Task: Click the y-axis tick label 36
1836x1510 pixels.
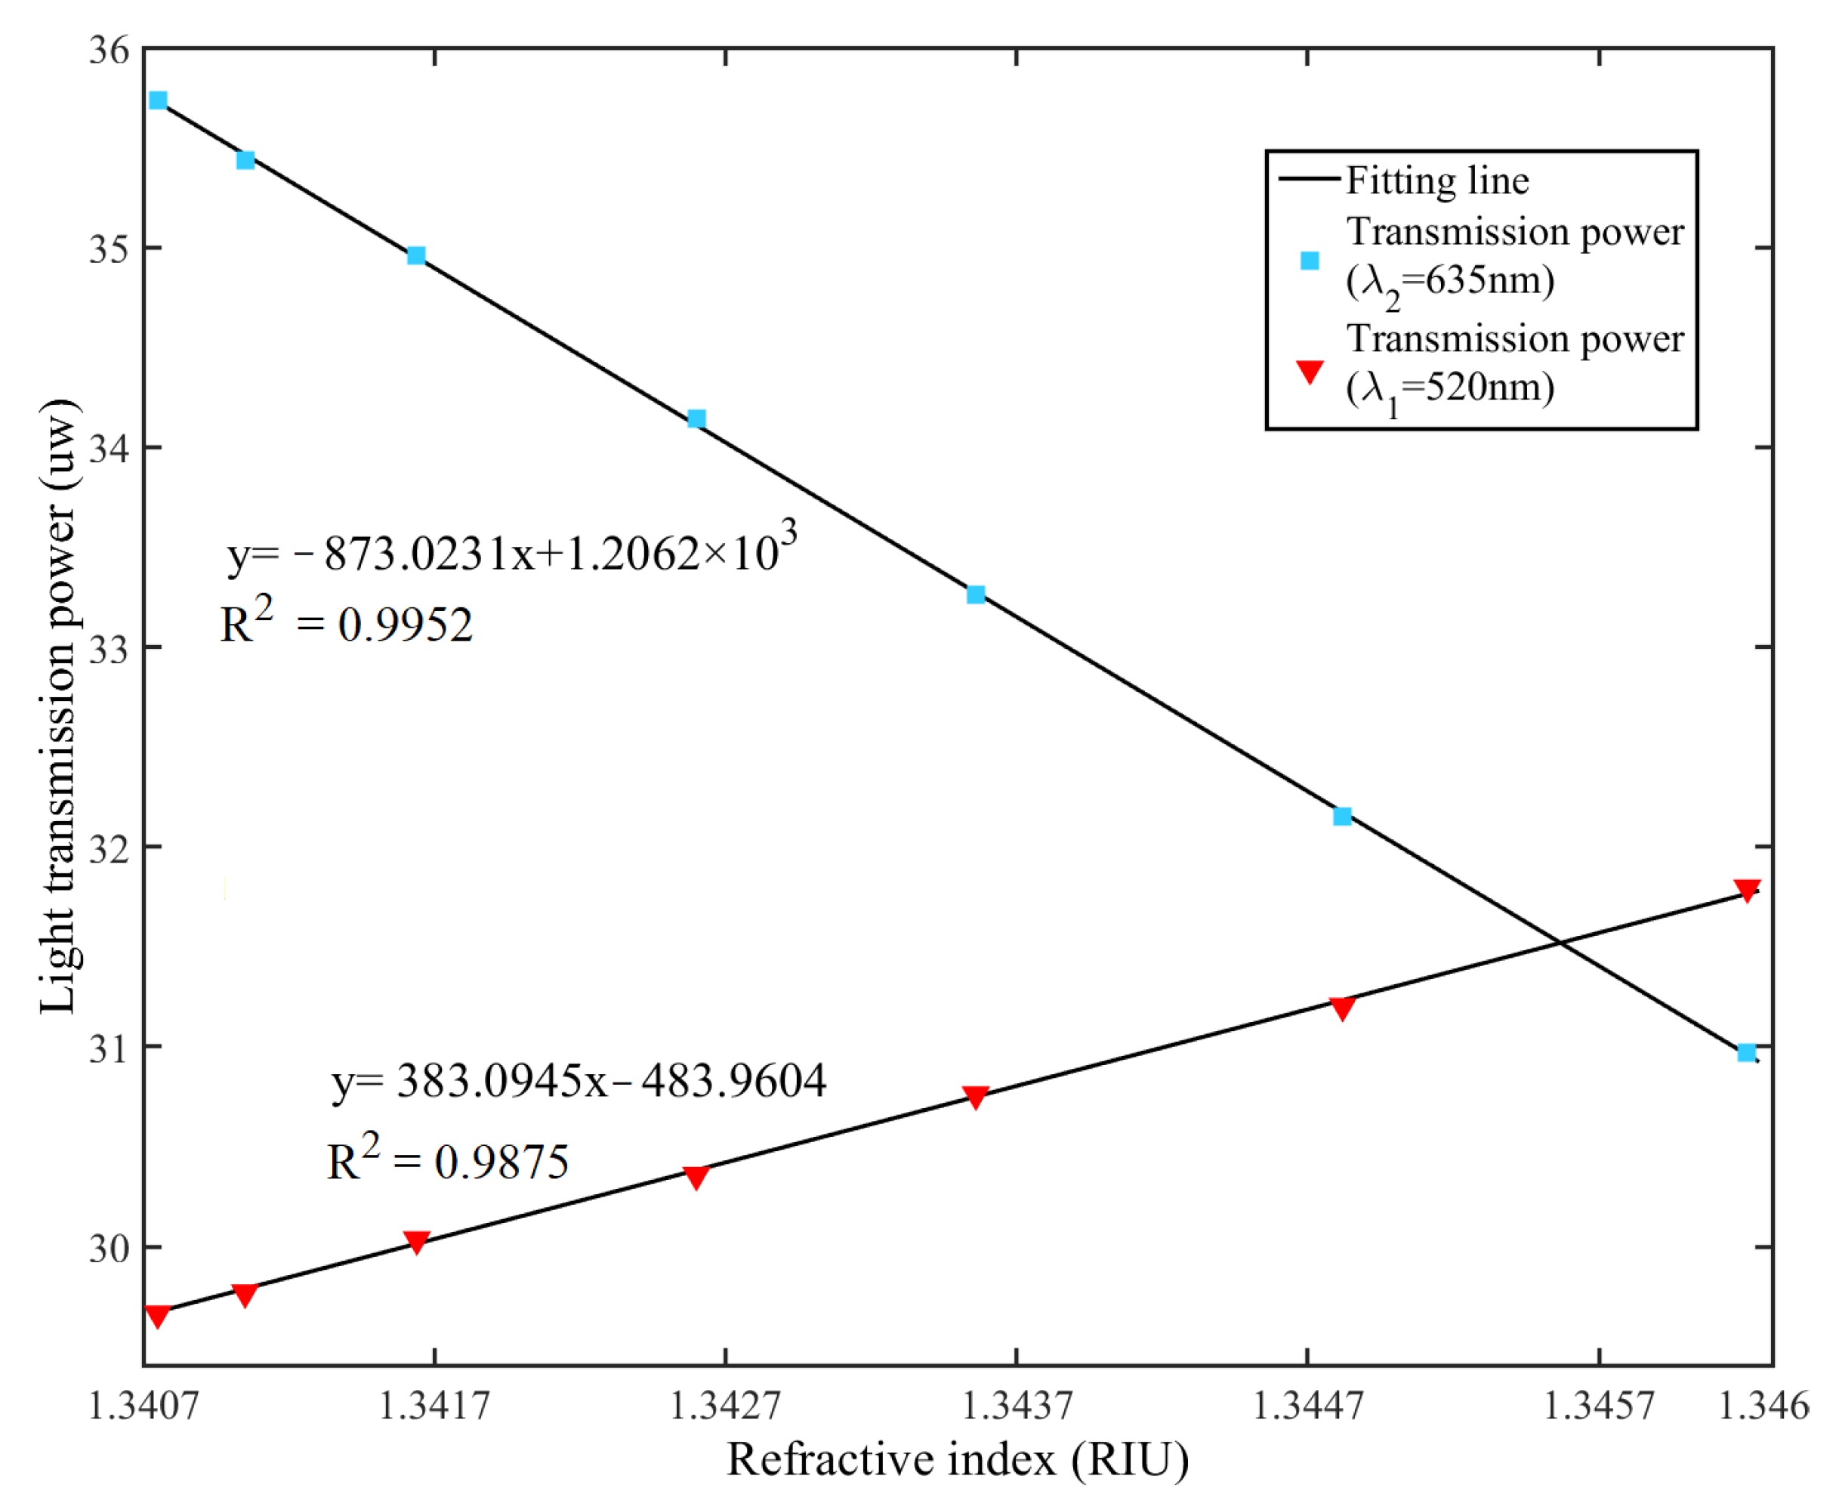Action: click(109, 51)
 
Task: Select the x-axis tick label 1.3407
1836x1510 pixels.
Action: click(144, 1406)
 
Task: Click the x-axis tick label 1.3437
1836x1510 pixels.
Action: click(1017, 1406)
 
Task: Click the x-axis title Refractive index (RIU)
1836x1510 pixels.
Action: click(958, 1459)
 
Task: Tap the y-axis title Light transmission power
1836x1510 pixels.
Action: click(59, 706)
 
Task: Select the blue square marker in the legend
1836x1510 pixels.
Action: click(1309, 260)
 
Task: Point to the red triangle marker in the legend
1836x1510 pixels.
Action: click(1309, 371)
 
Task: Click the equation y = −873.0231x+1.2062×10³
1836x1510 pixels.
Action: click(511, 551)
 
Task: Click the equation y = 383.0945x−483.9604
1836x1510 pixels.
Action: click(579, 1081)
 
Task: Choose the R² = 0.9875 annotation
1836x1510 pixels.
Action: click(447, 1160)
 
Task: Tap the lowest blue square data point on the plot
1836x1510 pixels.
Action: click(1746, 1052)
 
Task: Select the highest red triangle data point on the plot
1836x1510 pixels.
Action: click(1746, 890)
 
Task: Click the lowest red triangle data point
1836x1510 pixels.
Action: click(157, 1315)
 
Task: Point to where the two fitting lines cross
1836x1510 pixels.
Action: click(1560, 943)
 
